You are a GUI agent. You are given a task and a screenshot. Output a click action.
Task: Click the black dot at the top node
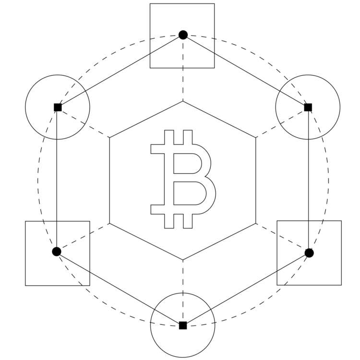[183, 35]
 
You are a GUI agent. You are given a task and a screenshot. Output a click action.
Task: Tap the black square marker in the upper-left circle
[58, 107]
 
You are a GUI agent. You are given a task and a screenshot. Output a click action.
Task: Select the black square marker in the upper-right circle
[308, 107]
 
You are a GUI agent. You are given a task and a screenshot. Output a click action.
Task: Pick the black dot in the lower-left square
[57, 252]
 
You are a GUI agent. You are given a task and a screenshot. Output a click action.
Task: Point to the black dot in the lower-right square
[309, 252]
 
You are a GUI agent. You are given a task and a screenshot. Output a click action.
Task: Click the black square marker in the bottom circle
[183, 325]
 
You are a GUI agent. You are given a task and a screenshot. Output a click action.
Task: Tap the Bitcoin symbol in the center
[183, 179]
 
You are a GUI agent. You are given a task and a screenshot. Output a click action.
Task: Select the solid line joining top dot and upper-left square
[120, 71]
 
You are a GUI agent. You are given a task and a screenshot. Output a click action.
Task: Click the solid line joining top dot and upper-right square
[246, 71]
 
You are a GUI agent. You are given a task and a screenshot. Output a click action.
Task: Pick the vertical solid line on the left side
[57, 179]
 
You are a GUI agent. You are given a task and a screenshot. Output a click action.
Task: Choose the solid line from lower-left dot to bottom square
[120, 288]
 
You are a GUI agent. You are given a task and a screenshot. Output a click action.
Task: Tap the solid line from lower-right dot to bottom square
[246, 289]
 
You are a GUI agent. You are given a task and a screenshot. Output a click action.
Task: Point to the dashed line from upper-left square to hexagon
[84, 122]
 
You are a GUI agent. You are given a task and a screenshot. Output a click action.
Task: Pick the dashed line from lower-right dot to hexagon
[282, 238]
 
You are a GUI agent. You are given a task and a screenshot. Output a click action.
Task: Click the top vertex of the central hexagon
[183, 101]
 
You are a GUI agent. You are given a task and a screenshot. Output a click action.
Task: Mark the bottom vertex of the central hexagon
[183, 260]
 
